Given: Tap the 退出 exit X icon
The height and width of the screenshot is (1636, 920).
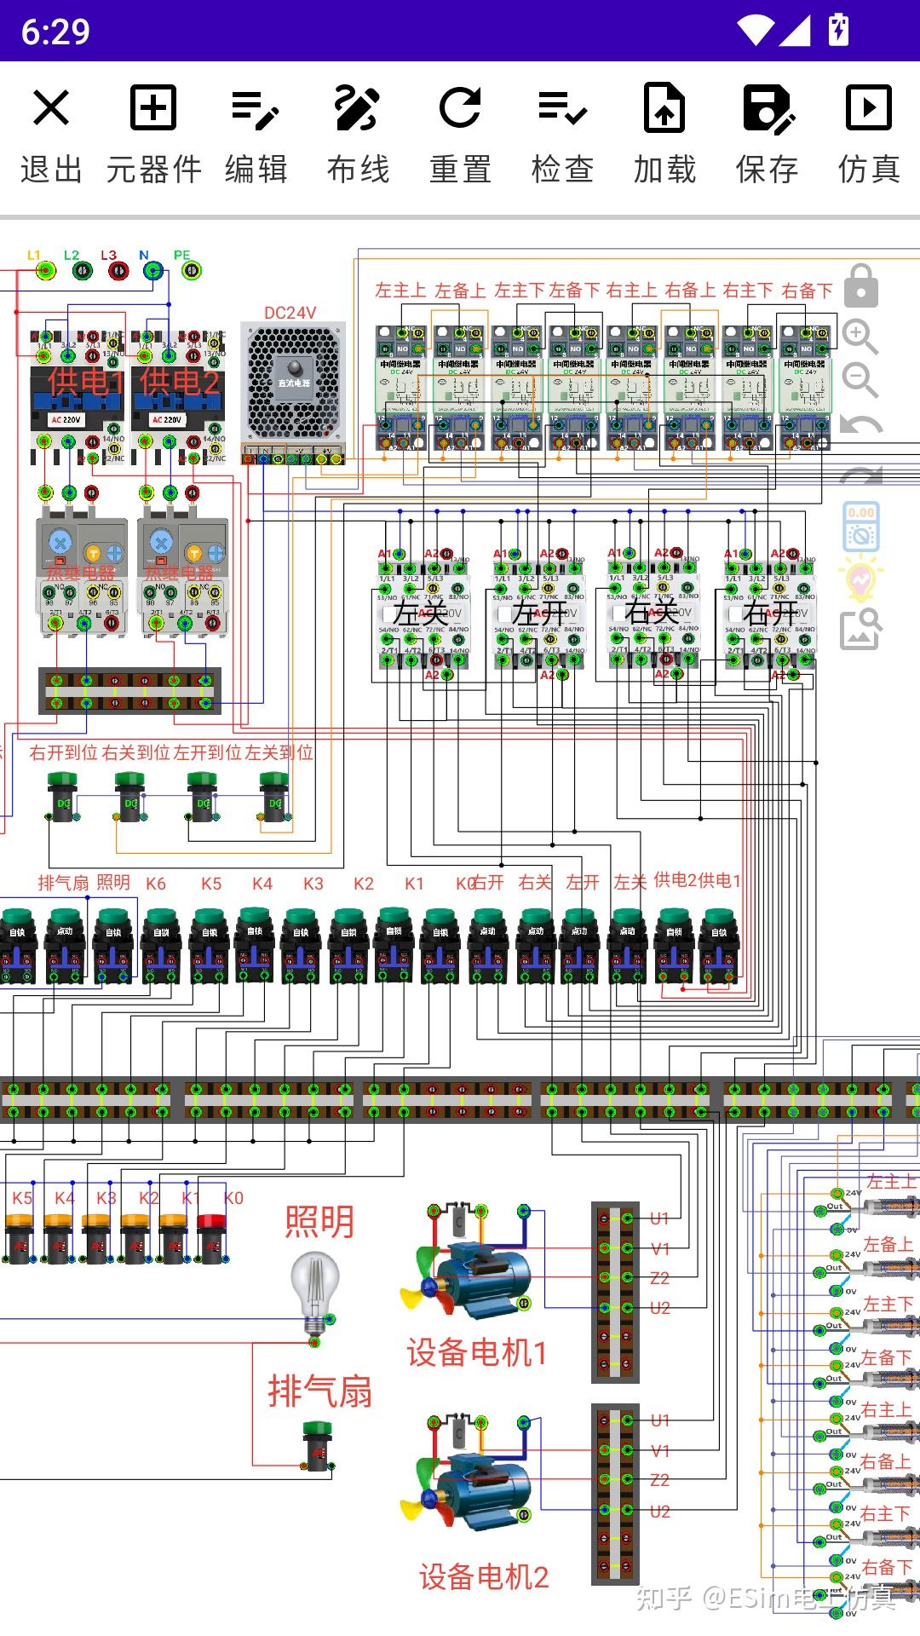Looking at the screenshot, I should pyautogui.click(x=51, y=108).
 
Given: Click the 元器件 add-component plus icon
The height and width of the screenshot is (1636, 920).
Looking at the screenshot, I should pyautogui.click(x=153, y=108).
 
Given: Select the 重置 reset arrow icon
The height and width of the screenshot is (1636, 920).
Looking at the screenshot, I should pyautogui.click(x=460, y=108).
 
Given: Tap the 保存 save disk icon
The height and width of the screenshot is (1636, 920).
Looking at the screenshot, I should pyautogui.click(x=767, y=108).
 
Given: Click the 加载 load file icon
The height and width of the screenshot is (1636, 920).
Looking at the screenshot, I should pyautogui.click(x=664, y=108).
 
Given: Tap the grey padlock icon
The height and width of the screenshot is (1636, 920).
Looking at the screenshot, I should pyautogui.click(x=860, y=285).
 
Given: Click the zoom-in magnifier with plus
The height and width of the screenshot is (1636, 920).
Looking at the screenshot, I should pyautogui.click(x=860, y=337).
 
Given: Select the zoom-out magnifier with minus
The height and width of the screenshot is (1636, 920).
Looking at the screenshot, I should pyautogui.click(x=860, y=380).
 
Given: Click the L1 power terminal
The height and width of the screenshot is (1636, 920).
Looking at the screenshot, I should pyautogui.click(x=45, y=271).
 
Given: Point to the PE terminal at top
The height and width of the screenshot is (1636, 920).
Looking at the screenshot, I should pyautogui.click(x=192, y=271).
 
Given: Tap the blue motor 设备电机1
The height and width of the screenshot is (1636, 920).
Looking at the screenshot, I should pyautogui.click(x=477, y=1278).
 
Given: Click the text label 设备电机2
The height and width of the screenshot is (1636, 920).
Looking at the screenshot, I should pyautogui.click(x=484, y=1577).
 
